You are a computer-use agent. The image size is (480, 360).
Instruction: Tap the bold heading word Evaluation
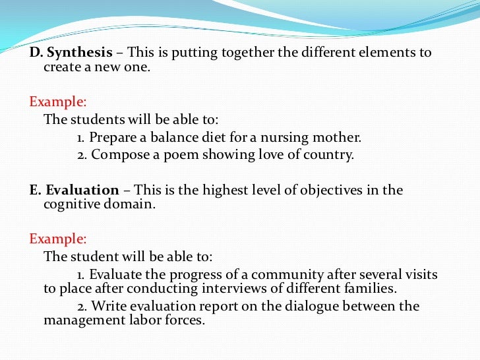click(83, 190)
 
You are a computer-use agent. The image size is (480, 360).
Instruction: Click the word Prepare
click(110, 138)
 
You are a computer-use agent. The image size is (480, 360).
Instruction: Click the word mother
click(339, 138)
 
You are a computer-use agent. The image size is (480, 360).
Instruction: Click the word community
click(276, 274)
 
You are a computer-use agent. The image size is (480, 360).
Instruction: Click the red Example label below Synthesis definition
click(57, 102)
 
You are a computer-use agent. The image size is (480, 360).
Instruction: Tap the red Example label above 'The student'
click(57, 239)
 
